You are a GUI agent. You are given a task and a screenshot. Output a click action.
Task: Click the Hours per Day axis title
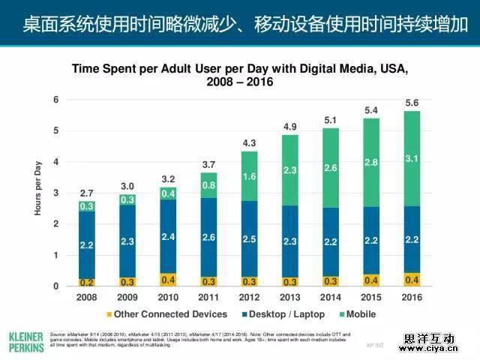click(x=38, y=193)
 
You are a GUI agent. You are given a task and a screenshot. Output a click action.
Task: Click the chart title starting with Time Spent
click(x=240, y=75)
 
